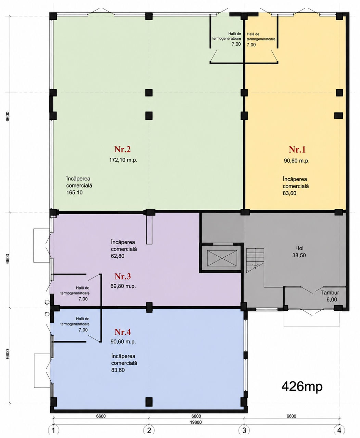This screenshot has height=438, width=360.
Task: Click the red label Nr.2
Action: [123, 149]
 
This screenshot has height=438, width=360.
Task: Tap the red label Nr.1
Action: [297, 150]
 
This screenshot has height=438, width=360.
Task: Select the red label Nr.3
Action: [123, 276]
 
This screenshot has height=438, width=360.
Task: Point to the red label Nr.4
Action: [123, 332]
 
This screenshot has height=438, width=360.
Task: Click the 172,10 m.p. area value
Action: [123, 160]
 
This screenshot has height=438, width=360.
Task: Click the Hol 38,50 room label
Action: [299, 252]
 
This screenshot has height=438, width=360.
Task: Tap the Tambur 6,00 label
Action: [330, 296]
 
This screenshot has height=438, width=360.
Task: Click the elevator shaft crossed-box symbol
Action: [222, 258]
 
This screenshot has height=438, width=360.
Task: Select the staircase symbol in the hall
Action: [255, 260]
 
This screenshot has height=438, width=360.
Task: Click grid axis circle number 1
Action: [54, 430]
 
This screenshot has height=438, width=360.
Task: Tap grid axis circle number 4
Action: [339, 430]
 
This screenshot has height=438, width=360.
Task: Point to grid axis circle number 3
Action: [244, 430]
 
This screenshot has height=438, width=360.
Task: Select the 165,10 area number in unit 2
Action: [74, 193]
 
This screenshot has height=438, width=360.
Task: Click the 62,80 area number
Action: [118, 256]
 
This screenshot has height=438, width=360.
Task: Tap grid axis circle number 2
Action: [149, 430]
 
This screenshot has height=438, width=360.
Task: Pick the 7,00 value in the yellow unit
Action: [251, 44]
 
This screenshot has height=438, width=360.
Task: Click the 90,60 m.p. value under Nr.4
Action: [123, 342]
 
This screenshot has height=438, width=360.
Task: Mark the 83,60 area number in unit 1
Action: [290, 193]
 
